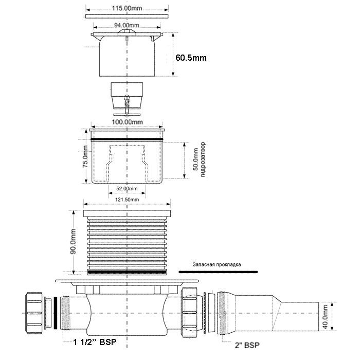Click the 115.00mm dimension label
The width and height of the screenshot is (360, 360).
(x=127, y=8)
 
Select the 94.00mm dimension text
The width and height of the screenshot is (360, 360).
(x=127, y=25)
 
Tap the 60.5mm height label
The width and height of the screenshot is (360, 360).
(x=191, y=58)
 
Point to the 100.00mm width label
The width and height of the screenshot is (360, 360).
(x=127, y=122)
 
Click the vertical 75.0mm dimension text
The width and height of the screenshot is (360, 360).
(x=85, y=156)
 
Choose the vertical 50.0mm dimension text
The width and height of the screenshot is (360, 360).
(x=195, y=159)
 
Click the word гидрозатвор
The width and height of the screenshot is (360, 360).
(x=203, y=159)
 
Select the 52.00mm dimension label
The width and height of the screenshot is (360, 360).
(x=127, y=189)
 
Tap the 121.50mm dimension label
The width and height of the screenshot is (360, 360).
(x=127, y=200)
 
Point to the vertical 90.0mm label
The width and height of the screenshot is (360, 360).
(x=73, y=241)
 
